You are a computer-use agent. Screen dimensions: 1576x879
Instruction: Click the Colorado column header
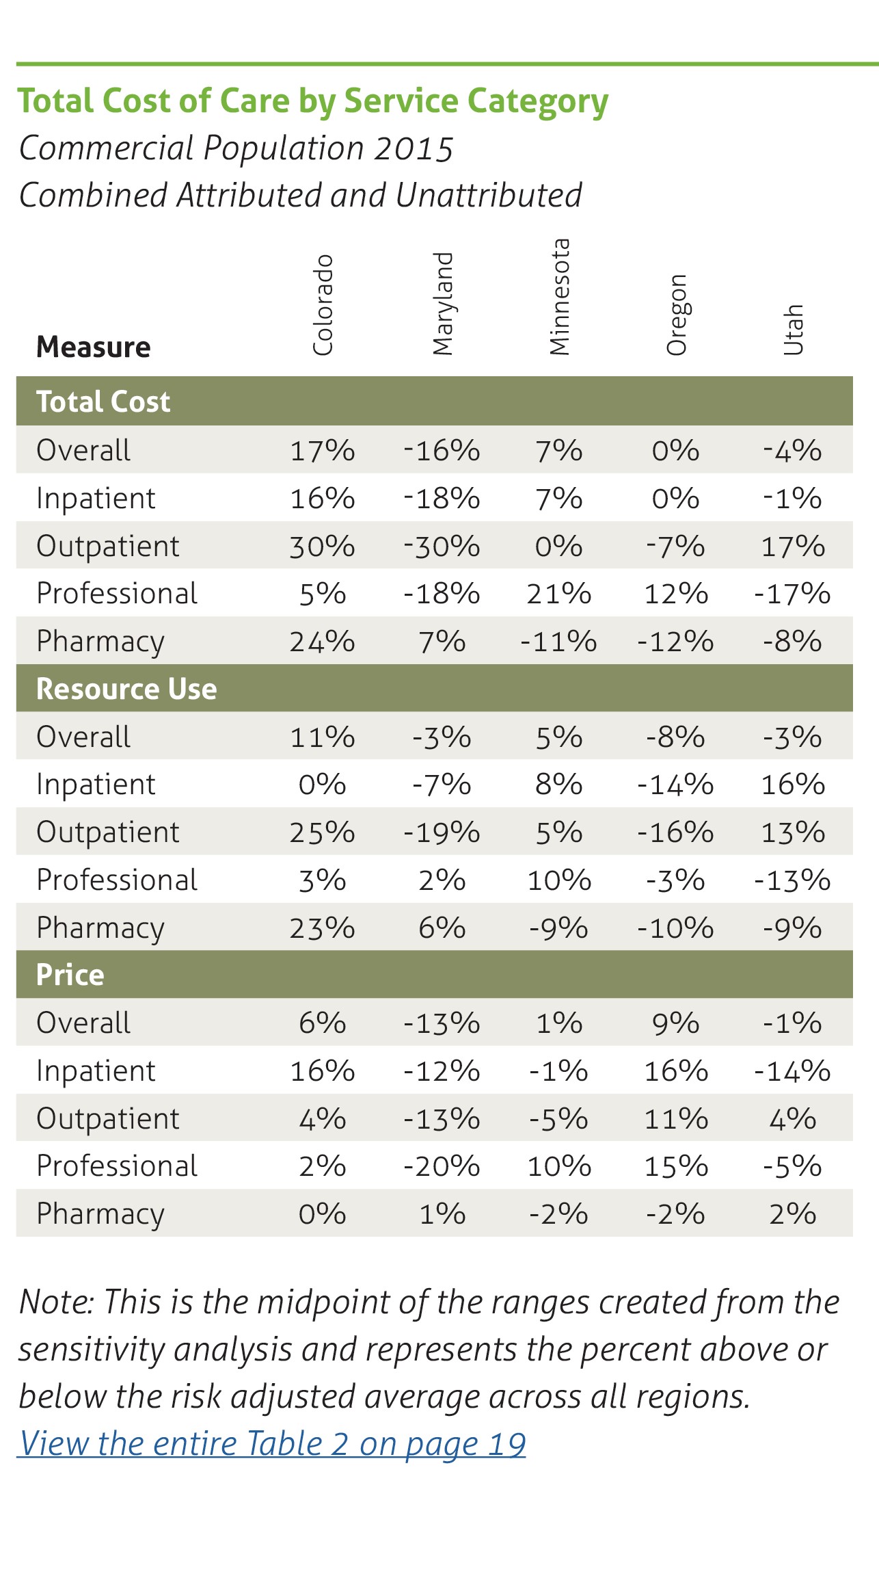(x=323, y=305)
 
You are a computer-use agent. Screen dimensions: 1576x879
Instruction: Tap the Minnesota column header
(x=560, y=297)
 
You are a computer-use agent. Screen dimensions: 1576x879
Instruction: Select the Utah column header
(x=793, y=330)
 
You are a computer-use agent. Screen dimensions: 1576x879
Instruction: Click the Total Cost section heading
(x=103, y=402)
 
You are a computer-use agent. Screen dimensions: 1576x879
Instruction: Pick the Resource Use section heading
(x=126, y=689)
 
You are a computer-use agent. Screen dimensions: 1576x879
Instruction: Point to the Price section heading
(x=70, y=975)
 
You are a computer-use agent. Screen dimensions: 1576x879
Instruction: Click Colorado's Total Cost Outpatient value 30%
(x=322, y=547)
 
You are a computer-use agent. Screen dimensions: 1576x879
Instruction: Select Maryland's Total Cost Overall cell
(x=442, y=451)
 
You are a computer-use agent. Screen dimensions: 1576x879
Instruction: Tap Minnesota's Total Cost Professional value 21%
(x=559, y=594)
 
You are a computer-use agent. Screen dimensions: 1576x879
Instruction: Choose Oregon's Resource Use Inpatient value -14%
(x=675, y=785)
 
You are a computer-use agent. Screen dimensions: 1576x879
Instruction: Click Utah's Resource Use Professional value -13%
(x=792, y=880)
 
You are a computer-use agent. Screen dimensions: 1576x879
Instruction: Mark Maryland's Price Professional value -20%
(x=442, y=1166)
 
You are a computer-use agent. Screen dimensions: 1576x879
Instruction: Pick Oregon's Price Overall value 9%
(x=675, y=1023)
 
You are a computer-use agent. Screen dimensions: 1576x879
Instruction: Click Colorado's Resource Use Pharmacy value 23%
(x=322, y=928)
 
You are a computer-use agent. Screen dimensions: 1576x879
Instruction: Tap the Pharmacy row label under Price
(x=100, y=1214)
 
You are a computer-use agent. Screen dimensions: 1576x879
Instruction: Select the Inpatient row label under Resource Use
(x=96, y=785)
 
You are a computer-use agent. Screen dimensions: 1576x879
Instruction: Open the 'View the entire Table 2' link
(x=271, y=1444)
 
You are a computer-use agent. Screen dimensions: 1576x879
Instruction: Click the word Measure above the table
(x=93, y=347)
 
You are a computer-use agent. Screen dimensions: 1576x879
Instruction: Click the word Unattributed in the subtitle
(x=488, y=195)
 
